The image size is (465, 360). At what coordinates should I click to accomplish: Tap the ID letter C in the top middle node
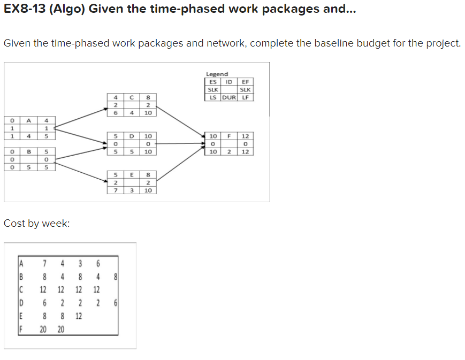pos(131,97)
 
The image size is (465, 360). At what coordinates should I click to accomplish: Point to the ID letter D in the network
pos(131,136)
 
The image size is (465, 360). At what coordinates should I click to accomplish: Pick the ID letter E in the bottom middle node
pos(131,175)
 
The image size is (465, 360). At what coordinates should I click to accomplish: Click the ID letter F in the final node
pos(228,136)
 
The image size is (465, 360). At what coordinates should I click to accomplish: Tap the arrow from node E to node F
pos(179,166)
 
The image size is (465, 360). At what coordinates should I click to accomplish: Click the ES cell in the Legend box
pos(212,82)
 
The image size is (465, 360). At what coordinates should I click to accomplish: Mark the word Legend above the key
pos(217,74)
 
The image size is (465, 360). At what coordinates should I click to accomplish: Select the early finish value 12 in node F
pos(246,136)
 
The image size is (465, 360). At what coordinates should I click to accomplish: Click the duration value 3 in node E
pos(131,190)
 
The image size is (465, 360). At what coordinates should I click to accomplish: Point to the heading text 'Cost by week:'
pos(37,224)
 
